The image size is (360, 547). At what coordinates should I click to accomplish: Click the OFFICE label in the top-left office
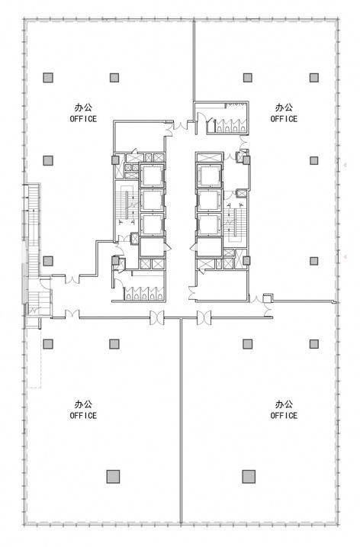point(83,119)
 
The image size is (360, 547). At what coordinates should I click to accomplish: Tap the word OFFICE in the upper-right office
point(284,119)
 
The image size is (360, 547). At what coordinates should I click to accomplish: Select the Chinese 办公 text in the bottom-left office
point(83,404)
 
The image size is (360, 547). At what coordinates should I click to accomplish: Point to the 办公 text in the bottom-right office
point(284,404)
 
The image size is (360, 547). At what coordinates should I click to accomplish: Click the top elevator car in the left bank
point(152,175)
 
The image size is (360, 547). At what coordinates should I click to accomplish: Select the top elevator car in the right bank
point(209,175)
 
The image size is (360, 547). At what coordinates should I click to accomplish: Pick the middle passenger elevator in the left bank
point(152,200)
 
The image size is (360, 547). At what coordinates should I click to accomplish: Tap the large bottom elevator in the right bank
point(209,247)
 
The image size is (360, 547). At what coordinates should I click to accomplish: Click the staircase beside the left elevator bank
point(126,205)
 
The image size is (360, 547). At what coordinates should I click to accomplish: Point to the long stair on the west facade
point(33,230)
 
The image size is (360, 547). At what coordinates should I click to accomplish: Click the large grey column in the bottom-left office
point(113,476)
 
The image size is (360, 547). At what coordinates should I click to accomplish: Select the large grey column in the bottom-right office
point(249,476)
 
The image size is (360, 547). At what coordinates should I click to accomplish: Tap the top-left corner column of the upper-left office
point(48,78)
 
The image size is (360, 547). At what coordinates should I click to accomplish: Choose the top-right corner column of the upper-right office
point(314,78)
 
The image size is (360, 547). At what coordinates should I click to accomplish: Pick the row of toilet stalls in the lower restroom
point(143,294)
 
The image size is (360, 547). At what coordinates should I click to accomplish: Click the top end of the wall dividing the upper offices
point(194,21)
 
